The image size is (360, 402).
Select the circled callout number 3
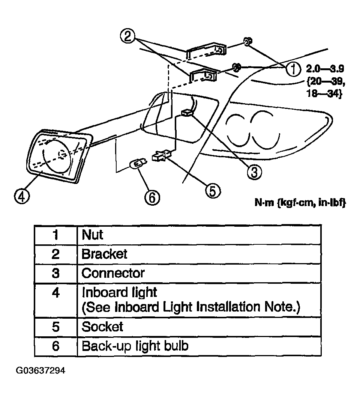(x=254, y=172)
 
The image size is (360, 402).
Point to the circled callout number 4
(x=22, y=197)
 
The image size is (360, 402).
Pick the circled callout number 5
(x=213, y=191)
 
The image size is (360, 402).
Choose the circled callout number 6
(x=152, y=198)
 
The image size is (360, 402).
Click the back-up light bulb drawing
(x=138, y=163)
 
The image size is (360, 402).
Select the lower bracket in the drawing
(x=203, y=75)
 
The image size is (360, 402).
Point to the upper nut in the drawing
(x=247, y=42)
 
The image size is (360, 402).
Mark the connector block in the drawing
(x=187, y=113)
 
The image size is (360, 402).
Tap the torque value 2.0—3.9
(x=325, y=69)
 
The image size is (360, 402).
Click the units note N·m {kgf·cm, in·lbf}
(x=300, y=203)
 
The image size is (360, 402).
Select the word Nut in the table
(x=92, y=235)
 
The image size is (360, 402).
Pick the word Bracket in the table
(x=104, y=254)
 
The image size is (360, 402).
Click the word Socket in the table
(x=102, y=327)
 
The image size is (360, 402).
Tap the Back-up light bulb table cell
(x=199, y=346)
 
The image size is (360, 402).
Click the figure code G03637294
(x=40, y=370)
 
